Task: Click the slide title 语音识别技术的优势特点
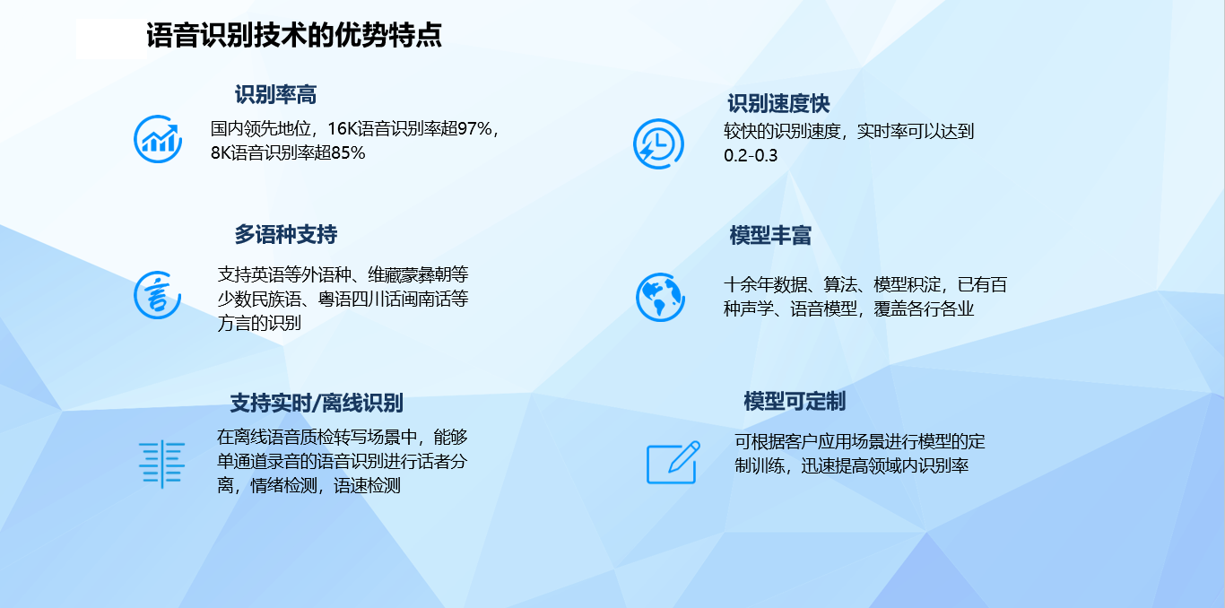[293, 36]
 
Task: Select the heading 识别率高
[275, 94]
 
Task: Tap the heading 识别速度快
[778, 103]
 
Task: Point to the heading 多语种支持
[285, 234]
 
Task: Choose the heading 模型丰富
[770, 235]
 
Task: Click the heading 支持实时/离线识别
[316, 403]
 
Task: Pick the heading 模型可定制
[794, 402]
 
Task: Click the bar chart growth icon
[158, 139]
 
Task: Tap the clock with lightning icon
[658, 143]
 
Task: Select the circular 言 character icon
[158, 295]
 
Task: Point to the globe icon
[660, 298]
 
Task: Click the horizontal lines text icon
[162, 464]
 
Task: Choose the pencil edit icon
[673, 463]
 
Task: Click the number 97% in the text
[474, 129]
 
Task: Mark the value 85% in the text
[348, 153]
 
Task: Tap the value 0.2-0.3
[751, 156]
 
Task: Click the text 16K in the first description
[342, 129]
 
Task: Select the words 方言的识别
[259, 323]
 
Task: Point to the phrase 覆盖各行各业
[924, 308]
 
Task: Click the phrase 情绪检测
[283, 485]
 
